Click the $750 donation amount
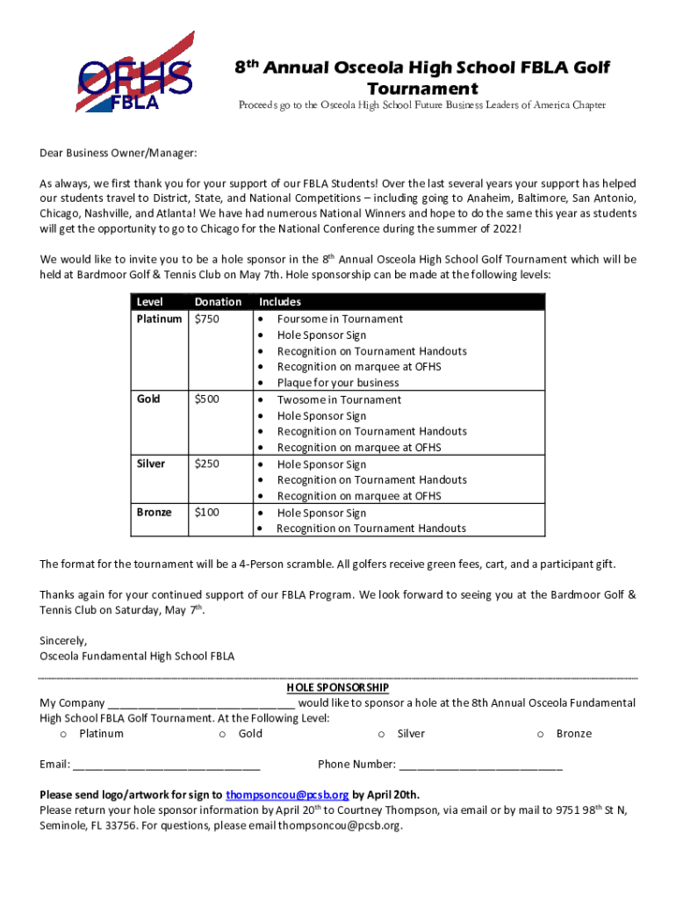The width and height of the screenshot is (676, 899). (x=207, y=319)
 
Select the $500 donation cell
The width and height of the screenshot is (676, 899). (x=207, y=399)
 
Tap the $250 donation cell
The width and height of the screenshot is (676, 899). (x=207, y=464)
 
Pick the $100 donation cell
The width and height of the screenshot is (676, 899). (x=207, y=512)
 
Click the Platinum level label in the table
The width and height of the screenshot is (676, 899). (x=159, y=319)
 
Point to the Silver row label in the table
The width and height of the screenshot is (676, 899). (x=150, y=464)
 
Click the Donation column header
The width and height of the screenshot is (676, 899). (x=218, y=302)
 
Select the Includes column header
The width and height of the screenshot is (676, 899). (x=279, y=302)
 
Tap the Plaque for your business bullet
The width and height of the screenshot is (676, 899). (x=338, y=383)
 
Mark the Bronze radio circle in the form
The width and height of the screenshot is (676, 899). (x=541, y=734)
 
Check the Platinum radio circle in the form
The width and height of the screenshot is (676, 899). (x=64, y=734)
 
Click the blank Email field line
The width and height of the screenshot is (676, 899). (x=166, y=766)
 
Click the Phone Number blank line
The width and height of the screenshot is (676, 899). (x=480, y=766)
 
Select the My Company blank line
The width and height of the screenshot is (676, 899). (x=201, y=704)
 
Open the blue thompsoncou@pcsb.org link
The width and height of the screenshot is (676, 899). (x=287, y=795)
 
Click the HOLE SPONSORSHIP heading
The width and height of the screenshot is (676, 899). (x=338, y=687)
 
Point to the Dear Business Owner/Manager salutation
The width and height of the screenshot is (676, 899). (x=119, y=154)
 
